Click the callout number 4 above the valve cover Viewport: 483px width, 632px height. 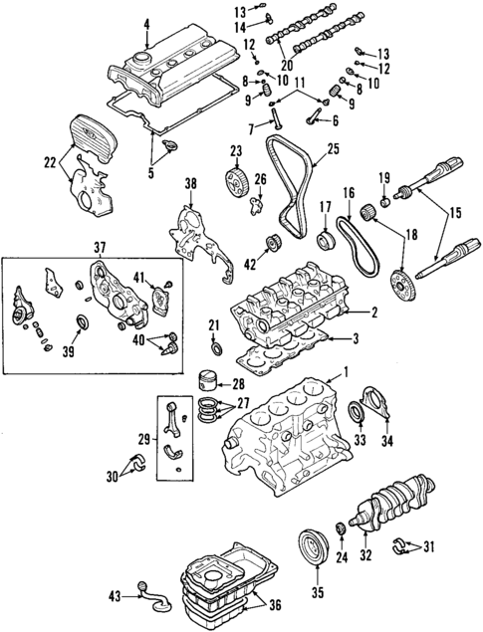click(146, 24)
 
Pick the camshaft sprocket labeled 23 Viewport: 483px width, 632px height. click(236, 182)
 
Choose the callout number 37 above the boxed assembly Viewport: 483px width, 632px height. click(100, 248)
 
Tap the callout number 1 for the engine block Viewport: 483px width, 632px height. click(346, 371)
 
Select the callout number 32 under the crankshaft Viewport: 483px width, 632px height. click(365, 555)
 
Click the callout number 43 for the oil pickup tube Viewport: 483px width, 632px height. click(115, 596)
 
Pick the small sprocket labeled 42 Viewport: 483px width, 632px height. click(273, 244)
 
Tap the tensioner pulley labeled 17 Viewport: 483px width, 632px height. click(326, 240)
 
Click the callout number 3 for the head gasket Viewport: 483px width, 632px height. click(356, 338)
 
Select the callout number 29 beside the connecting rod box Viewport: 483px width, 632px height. click(145, 439)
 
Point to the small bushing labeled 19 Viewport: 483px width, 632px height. click(386, 201)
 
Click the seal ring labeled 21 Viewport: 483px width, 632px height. click(216, 348)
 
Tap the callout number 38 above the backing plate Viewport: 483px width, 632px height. click(190, 184)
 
